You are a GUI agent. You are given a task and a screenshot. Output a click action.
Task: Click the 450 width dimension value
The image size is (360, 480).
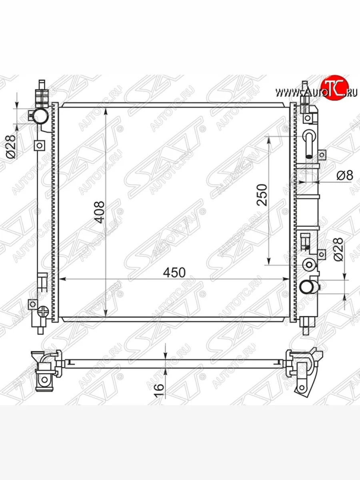[x=174, y=272]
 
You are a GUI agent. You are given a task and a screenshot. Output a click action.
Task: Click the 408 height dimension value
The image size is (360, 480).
[x=100, y=212]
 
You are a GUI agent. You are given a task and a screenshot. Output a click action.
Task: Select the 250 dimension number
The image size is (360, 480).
[x=262, y=195]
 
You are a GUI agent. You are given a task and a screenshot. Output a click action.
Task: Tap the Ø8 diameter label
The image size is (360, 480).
[x=345, y=175]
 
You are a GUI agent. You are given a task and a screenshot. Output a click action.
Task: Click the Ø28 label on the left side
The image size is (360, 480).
[x=11, y=146]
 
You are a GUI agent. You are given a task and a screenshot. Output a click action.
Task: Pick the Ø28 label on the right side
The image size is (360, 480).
[x=338, y=249]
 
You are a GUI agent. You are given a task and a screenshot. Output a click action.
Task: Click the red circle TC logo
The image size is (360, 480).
[x=335, y=88]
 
